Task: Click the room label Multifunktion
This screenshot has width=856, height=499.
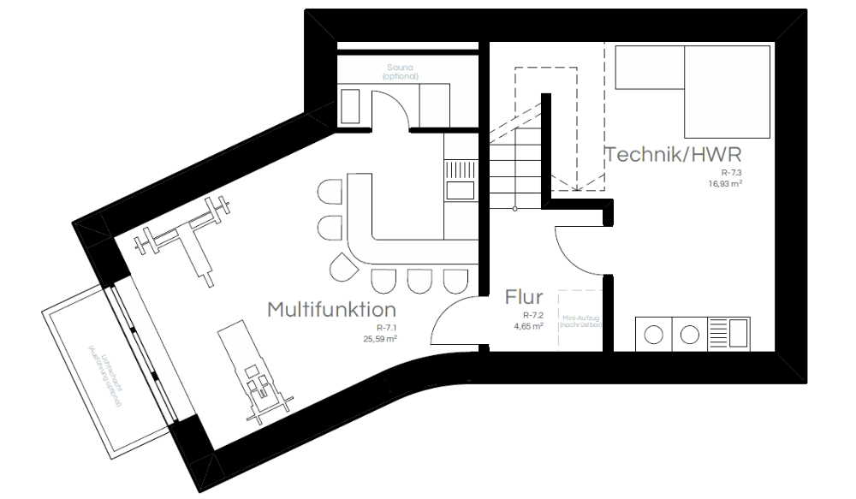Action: point(332,308)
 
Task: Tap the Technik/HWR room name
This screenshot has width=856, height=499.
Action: point(673,155)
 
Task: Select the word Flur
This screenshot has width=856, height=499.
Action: point(524,298)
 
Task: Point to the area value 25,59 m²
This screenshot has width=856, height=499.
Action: point(380,339)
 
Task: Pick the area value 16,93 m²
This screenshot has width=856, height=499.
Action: point(724,183)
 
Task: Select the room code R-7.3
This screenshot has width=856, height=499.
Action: point(729,173)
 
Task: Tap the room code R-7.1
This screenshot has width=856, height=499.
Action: point(386,329)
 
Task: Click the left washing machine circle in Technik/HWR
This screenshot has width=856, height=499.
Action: point(654,334)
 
